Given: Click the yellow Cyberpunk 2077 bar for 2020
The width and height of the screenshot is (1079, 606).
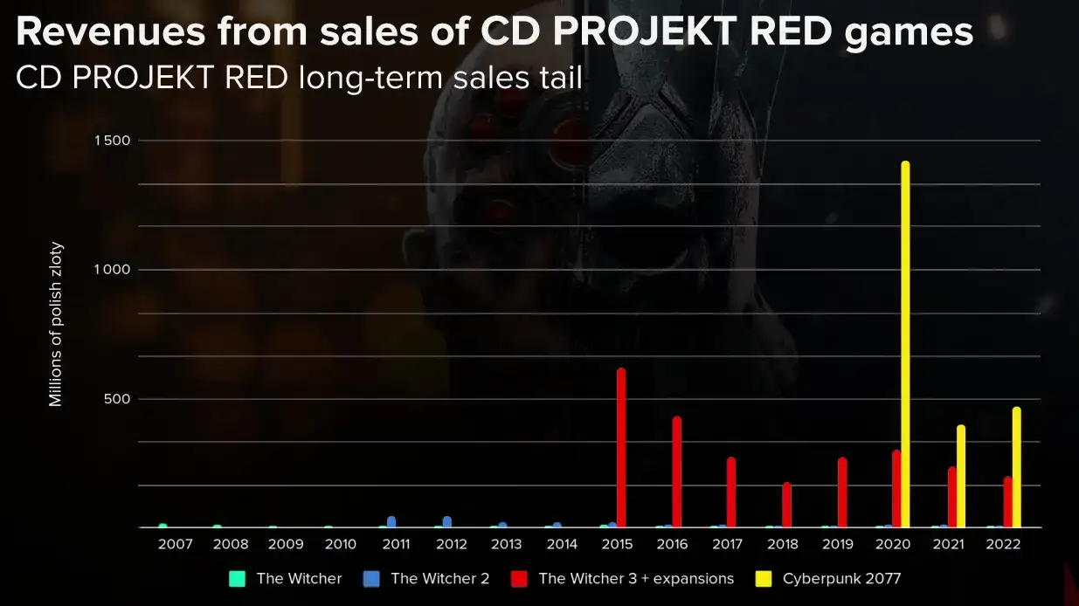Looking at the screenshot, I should point(905,345).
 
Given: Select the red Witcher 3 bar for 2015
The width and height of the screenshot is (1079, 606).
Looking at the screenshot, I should point(621,448).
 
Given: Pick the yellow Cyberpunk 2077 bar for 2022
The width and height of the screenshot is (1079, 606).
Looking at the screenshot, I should point(1016,467).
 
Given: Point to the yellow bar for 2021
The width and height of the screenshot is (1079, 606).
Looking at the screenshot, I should point(961,476).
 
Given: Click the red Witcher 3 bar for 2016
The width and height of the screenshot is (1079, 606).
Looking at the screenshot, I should point(676,472).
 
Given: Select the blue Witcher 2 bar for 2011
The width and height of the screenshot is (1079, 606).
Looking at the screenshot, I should point(391,522).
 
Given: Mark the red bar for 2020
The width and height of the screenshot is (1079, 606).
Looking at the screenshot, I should point(896,488).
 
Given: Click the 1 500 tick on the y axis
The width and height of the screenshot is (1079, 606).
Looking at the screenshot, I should point(111,141).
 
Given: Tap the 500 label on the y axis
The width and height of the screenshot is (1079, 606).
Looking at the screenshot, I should point(117,399).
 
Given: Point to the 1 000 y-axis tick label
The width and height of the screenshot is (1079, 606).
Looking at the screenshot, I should point(111,270).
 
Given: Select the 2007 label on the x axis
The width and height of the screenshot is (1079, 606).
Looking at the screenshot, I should point(175,544).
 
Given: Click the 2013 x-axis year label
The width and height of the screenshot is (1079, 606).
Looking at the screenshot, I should point(506,544).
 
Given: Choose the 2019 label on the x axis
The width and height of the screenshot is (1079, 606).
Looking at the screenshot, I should point(837,544).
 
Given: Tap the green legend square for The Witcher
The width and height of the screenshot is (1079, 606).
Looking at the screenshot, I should point(236,578).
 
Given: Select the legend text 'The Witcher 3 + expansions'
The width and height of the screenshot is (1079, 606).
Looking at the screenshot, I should point(636,578).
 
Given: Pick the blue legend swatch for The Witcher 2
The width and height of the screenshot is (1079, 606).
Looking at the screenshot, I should point(370,578).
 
